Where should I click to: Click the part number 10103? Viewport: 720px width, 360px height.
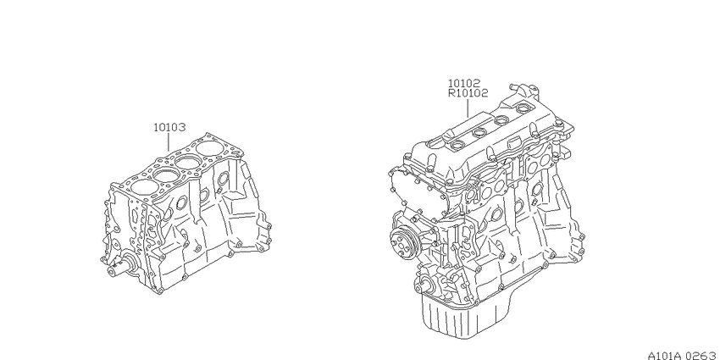coord(169,127)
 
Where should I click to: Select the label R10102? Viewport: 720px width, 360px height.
coord(468,93)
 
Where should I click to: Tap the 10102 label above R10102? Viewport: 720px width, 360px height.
coord(464,84)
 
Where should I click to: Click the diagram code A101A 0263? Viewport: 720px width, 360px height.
coord(684,355)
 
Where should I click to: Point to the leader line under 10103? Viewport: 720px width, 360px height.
coord(169,143)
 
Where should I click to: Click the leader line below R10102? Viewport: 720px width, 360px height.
coord(468,108)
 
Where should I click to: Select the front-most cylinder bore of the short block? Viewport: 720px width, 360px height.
coord(144,187)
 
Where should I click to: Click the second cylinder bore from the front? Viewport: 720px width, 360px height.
coord(166,175)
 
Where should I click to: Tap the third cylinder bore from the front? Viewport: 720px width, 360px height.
coord(188,162)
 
